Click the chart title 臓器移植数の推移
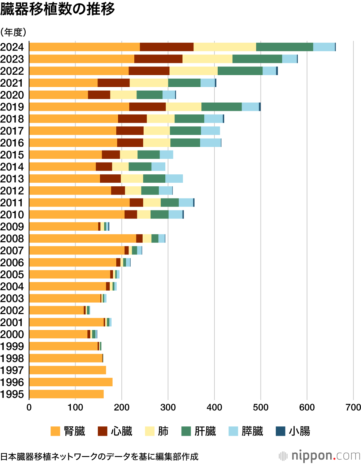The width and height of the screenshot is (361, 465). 58,9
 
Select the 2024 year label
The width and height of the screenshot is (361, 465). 12,47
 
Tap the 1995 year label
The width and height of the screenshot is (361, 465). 12,394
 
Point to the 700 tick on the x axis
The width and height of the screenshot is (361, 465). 353,407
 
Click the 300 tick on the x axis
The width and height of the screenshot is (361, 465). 168,407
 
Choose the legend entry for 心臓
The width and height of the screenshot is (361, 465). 115,431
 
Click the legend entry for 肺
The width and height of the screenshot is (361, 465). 157,431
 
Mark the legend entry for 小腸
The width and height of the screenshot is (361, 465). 293,431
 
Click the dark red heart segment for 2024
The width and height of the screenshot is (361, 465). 166,47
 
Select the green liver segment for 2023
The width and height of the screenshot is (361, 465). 257,59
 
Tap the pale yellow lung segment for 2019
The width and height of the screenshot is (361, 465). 183,107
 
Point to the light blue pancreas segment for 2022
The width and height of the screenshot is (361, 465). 269,71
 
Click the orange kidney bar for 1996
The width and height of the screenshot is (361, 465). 71,382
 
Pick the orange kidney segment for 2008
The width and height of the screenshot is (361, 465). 82,238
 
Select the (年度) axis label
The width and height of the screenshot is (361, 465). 13,32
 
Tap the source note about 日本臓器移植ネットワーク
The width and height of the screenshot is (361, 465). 99,457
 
